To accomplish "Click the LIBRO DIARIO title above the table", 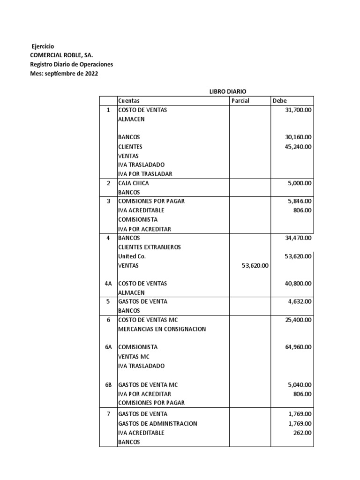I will click(228, 91).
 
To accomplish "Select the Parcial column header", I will click(240, 101).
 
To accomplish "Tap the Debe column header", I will click(279, 101).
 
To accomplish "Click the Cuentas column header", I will click(129, 101).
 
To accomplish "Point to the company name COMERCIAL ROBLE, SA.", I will click(61, 55).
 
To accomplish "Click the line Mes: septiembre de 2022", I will click(64, 74).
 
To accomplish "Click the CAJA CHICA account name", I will click(134, 183).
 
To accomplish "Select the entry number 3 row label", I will click(108, 201).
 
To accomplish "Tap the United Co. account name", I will click(132, 256).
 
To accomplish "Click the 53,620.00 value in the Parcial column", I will click(254, 265).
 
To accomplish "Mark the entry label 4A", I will click(109, 284).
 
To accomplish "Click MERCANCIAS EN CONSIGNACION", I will click(162, 329).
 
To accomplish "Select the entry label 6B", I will click(109, 385).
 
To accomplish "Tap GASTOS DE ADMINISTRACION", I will click(157, 424).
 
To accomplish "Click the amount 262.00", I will click(302, 433).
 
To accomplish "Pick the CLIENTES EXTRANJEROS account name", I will click(149, 247).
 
